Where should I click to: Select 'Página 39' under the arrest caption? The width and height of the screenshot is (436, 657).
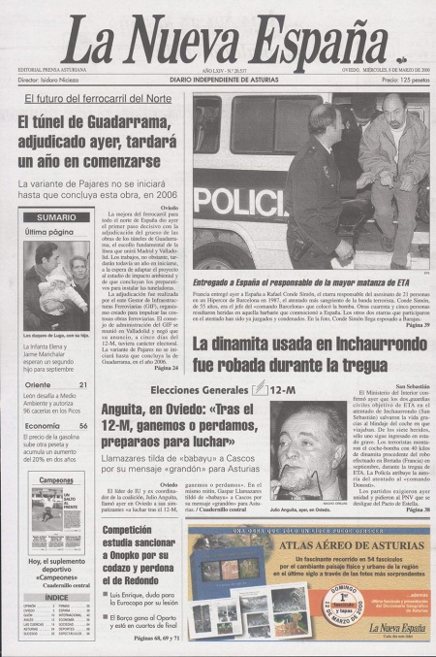tap(413, 325)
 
